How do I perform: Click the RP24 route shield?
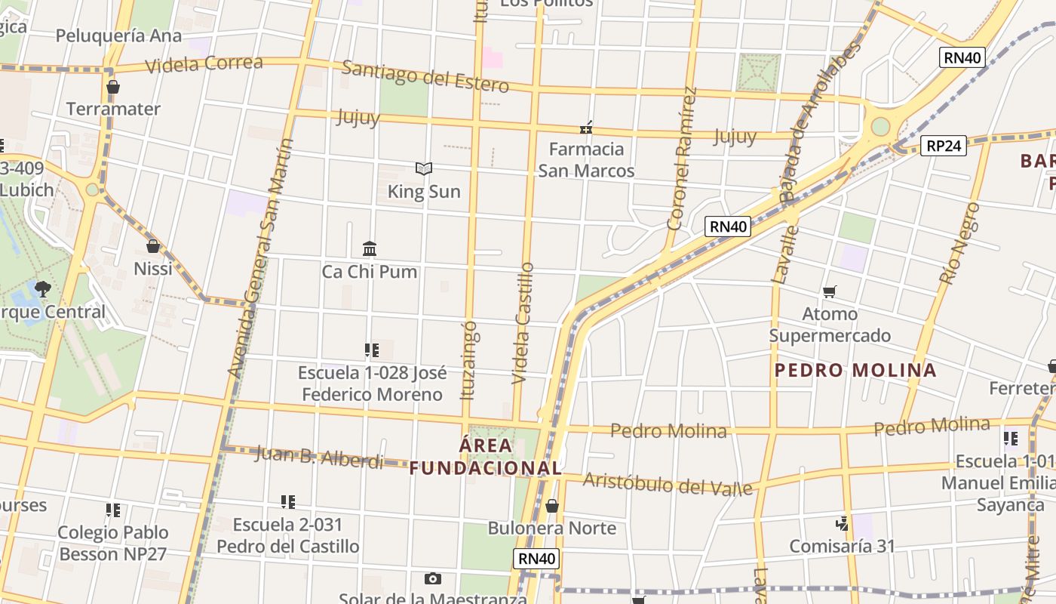pyautogui.click(x=944, y=146)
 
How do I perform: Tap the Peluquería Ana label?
pyautogui.click(x=118, y=35)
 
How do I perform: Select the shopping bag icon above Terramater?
pyautogui.click(x=113, y=87)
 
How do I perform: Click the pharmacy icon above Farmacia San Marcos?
pyautogui.click(x=586, y=128)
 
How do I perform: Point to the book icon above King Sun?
pyautogui.click(x=424, y=168)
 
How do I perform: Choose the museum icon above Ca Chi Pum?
pyautogui.click(x=370, y=248)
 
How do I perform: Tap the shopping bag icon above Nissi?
pyautogui.click(x=153, y=246)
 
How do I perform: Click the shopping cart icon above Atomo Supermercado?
pyautogui.click(x=830, y=291)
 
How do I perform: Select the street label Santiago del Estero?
pyautogui.click(x=425, y=75)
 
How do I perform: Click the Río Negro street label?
pyautogui.click(x=960, y=243)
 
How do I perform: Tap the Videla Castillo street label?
pyautogui.click(x=523, y=323)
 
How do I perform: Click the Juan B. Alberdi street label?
pyautogui.click(x=319, y=456)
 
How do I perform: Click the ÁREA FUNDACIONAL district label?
pyautogui.click(x=486, y=456)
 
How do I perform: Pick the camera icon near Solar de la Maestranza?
pyautogui.click(x=432, y=578)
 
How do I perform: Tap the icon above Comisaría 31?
pyautogui.click(x=842, y=522)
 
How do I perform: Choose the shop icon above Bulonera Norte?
pyautogui.click(x=552, y=506)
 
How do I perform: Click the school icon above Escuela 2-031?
pyautogui.click(x=287, y=501)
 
